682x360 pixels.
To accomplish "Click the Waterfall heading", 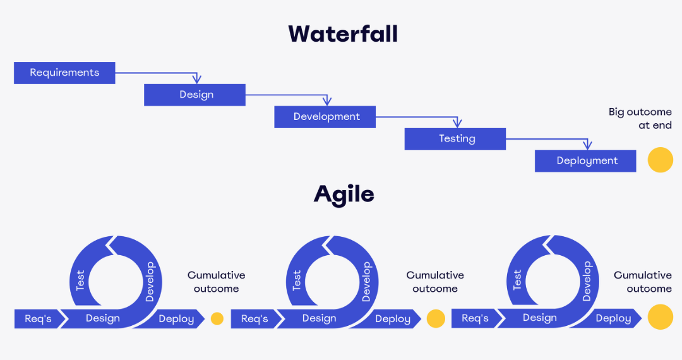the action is pyautogui.click(x=343, y=34).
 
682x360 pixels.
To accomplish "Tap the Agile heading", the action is pyautogui.click(x=344, y=195).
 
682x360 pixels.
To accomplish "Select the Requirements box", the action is pyautogui.click(x=64, y=73).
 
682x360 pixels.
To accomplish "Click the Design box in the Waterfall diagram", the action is pyautogui.click(x=195, y=95).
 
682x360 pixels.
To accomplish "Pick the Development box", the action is pyautogui.click(x=325, y=117).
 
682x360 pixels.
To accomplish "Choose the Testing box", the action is pyautogui.click(x=455, y=139).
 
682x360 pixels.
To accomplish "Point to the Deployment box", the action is pyautogui.click(x=585, y=161).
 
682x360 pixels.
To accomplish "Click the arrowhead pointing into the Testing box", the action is pyautogui.click(x=457, y=123).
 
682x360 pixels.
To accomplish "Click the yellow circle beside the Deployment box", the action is pyautogui.click(x=661, y=160).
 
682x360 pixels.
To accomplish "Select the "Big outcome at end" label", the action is pyautogui.click(x=640, y=119).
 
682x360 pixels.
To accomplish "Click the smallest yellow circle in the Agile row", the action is pyautogui.click(x=217, y=319).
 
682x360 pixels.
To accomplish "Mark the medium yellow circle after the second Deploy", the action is pyautogui.click(x=436, y=319).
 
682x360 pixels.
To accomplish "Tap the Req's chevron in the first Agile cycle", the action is pyautogui.click(x=40, y=319).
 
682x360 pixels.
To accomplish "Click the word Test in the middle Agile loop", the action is pyautogui.click(x=297, y=280).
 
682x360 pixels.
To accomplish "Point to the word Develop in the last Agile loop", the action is pyautogui.click(x=587, y=281).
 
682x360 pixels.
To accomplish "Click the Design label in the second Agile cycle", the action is pyautogui.click(x=320, y=318).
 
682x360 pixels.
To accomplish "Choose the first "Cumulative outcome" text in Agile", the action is pyautogui.click(x=216, y=282).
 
